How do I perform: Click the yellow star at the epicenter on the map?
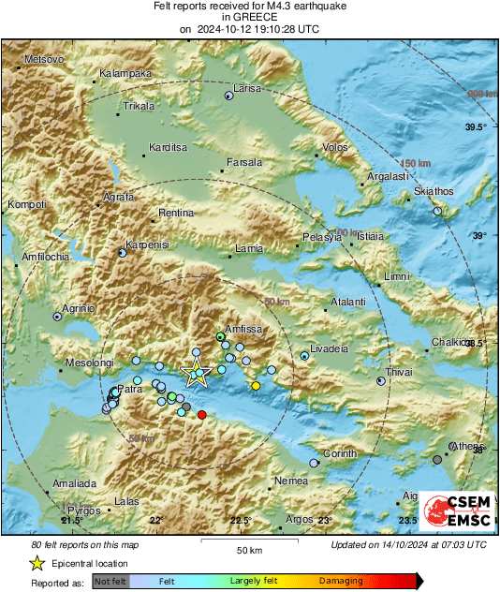[197, 373]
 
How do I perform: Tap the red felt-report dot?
[201, 415]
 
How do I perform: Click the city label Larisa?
[247, 88]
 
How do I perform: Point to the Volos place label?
[334, 147]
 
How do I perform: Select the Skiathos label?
[434, 192]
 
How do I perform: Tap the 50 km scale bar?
[247, 541]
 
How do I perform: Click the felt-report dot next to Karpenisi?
[122, 253]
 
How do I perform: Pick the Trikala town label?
[139, 107]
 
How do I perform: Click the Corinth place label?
[340, 454]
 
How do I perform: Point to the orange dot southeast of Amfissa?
[256, 386]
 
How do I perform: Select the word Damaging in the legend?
[341, 582]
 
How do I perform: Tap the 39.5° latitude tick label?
[477, 126]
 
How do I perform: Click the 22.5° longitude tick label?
[241, 521]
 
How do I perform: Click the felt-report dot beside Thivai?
[380, 381]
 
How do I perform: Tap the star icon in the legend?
[37, 563]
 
